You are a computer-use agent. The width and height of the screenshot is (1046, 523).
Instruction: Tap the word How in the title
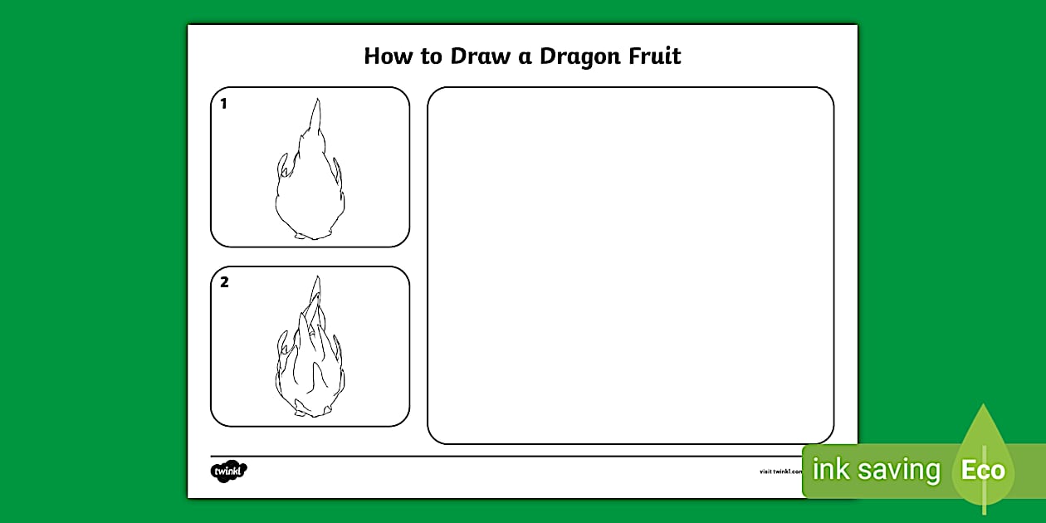point(385,56)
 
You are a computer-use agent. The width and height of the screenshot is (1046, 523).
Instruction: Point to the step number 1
point(223,104)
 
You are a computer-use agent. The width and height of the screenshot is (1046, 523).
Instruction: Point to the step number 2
point(224,282)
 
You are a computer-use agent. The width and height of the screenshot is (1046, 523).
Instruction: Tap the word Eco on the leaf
point(983,471)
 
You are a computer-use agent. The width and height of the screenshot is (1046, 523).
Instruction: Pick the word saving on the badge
point(900,471)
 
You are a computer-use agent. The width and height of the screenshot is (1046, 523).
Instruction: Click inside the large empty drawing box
point(630,266)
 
